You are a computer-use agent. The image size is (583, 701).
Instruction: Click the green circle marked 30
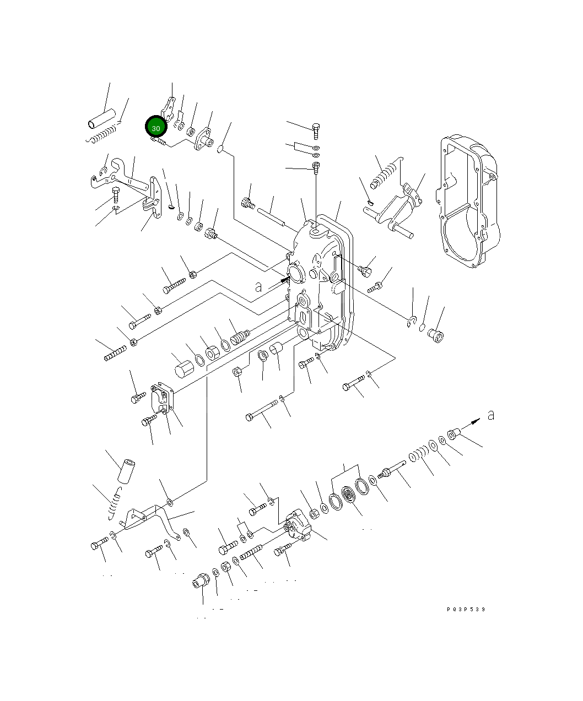click(155, 127)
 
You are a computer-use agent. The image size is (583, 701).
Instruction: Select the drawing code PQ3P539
click(466, 610)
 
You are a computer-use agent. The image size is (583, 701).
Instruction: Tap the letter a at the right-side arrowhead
click(490, 415)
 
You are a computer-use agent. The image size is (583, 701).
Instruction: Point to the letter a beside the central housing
click(258, 286)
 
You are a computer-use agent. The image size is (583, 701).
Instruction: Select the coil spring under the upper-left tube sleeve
click(103, 134)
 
